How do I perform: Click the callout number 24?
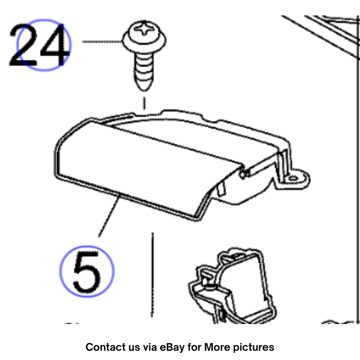click(x=39, y=45)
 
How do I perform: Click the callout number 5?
click(x=86, y=272)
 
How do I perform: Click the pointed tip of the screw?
click(x=144, y=89)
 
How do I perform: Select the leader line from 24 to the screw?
click(x=103, y=41)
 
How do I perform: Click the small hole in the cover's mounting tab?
click(x=293, y=178)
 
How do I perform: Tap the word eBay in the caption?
click(x=172, y=347)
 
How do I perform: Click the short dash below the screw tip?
click(x=144, y=103)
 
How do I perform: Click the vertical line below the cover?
click(x=152, y=275)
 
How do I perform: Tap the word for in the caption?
click(x=194, y=347)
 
